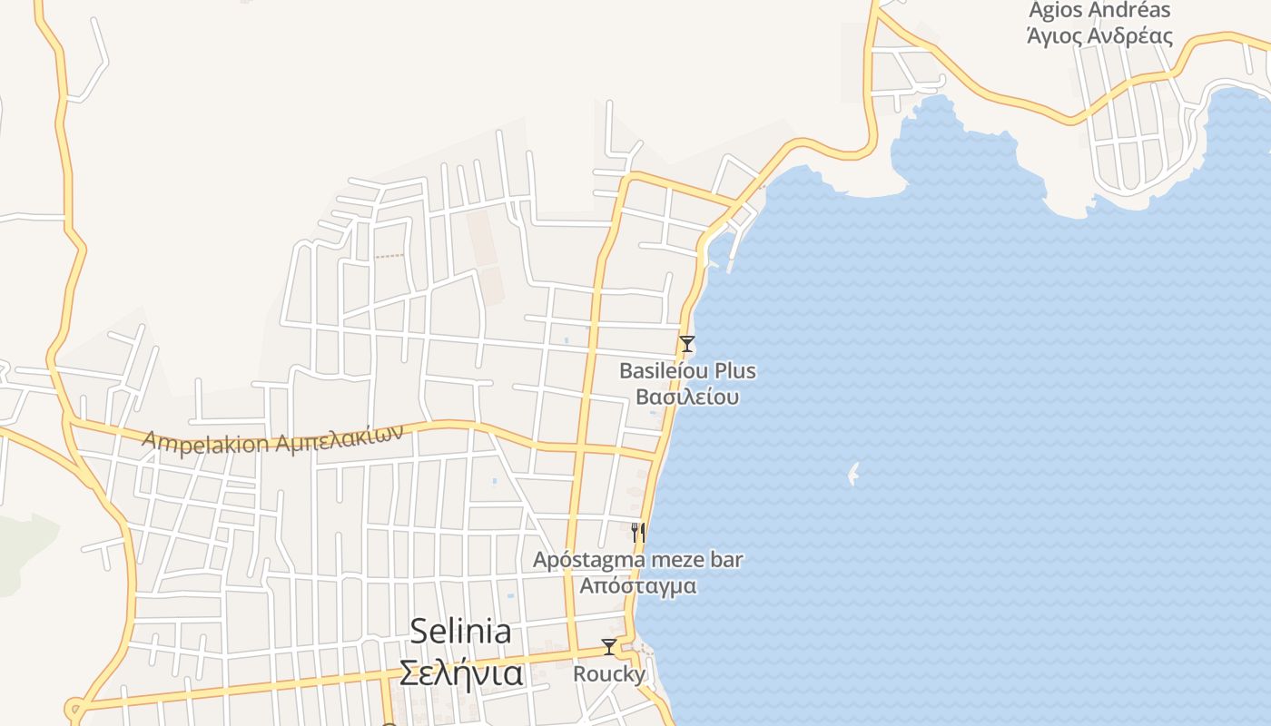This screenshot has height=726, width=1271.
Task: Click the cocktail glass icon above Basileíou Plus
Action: click(687, 344)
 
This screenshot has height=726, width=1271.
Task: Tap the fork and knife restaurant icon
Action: click(638, 532)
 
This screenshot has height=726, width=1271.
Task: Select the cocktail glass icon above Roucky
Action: click(609, 647)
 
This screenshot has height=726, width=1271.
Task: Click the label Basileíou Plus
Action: click(687, 371)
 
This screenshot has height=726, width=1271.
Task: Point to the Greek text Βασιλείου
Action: click(687, 397)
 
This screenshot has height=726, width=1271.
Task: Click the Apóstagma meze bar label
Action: click(637, 560)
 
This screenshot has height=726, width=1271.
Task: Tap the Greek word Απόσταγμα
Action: click(638, 586)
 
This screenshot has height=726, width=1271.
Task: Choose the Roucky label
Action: click(609, 674)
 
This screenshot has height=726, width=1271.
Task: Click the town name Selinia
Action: click(460, 632)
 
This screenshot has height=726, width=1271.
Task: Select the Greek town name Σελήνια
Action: click(461, 674)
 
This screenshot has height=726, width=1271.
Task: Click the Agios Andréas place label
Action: click(1099, 11)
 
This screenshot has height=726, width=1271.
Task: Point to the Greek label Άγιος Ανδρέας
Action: click(1099, 37)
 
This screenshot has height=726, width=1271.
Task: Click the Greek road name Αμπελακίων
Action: click(337, 437)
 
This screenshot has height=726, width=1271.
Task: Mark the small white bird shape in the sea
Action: click(853, 474)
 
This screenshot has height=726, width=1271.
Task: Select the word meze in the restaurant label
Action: click(678, 560)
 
